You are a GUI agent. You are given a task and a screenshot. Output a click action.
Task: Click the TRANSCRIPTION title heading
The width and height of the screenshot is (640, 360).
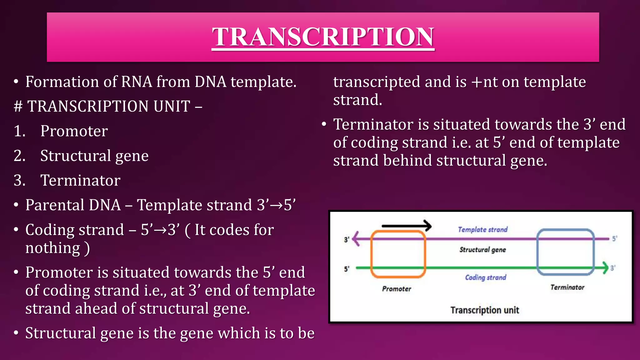tap(323, 37)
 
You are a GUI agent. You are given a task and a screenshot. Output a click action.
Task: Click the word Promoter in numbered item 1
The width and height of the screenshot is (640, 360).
tap(74, 131)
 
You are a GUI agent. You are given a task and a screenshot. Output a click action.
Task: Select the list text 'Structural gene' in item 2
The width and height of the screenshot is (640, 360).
tap(94, 156)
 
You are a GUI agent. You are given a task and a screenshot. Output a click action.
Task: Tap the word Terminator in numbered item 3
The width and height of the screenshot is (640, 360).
tap(80, 180)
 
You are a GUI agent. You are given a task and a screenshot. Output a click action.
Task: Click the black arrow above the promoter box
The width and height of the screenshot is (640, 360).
tap(406, 225)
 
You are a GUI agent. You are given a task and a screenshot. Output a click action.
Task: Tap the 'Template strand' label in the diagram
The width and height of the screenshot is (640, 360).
tap(482, 230)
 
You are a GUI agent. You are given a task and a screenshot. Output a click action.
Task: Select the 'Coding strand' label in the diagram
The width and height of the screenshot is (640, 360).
tap(485, 277)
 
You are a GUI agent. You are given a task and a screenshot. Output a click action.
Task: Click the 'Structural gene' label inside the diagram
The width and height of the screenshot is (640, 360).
tap(482, 250)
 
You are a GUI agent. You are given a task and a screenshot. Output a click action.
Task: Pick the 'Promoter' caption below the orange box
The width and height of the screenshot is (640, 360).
tap(397, 289)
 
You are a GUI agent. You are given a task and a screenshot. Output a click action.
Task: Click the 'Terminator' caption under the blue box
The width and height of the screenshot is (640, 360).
tap(567, 287)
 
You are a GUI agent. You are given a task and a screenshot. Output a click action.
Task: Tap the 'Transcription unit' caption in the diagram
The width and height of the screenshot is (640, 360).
tap(484, 310)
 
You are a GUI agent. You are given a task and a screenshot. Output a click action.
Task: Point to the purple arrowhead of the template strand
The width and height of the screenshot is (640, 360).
tap(356, 239)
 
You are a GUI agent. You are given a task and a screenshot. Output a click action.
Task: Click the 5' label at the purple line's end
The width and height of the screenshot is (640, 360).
tap(614, 239)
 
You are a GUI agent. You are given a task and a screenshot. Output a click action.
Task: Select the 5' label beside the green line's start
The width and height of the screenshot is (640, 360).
tap(347, 269)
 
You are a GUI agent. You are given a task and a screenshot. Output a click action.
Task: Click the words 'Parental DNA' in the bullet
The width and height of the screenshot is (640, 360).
tap(73, 205)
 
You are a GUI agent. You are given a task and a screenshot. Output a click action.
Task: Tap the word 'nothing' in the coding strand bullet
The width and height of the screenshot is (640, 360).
tap(53, 248)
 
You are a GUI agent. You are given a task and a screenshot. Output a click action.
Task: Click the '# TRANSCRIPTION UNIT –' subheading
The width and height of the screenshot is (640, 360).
tap(108, 106)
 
